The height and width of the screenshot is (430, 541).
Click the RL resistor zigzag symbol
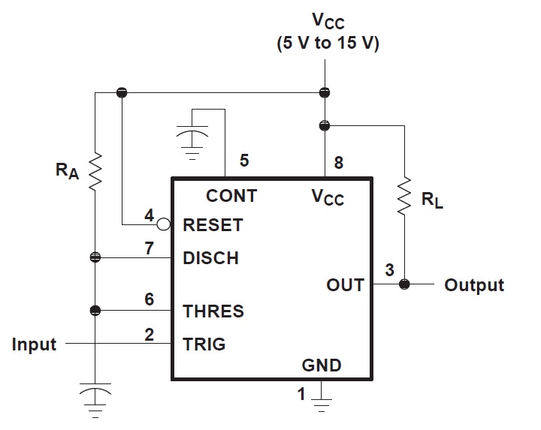[x=405, y=195]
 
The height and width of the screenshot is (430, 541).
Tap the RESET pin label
[x=213, y=225]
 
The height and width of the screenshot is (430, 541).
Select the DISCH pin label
[x=211, y=258]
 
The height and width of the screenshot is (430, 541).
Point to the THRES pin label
[x=213, y=311]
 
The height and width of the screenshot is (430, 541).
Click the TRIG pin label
[x=204, y=344]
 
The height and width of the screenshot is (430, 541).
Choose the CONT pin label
[x=231, y=196]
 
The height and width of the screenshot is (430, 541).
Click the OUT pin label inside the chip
[x=345, y=285]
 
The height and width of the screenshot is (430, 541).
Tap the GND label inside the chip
[x=322, y=365]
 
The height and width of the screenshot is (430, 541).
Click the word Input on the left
[x=35, y=344]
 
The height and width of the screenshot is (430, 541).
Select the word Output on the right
[x=474, y=285]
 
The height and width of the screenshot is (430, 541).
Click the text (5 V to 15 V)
[x=328, y=44]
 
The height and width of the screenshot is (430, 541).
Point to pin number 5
[x=243, y=160]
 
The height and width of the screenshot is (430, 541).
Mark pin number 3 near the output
[x=388, y=270]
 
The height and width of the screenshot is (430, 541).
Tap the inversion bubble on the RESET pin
[x=163, y=224]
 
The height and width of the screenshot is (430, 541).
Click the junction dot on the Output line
[x=405, y=285]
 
